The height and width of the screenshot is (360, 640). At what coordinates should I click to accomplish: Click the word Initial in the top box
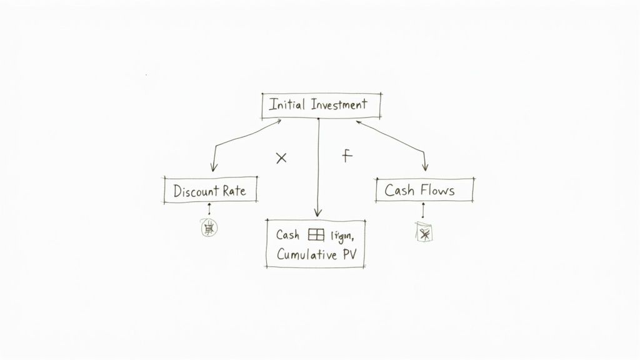[287, 105]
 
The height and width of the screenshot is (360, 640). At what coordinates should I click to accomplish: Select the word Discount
[194, 191]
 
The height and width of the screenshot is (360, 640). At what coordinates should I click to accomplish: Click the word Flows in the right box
[437, 189]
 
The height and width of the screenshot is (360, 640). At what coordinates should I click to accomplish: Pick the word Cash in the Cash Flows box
[399, 189]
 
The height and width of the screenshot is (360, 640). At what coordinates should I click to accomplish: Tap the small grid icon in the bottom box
[316, 235]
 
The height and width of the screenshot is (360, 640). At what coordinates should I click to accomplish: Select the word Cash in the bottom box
[288, 235]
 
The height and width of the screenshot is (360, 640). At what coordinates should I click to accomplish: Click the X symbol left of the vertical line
[281, 158]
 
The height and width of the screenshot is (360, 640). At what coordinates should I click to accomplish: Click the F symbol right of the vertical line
[347, 156]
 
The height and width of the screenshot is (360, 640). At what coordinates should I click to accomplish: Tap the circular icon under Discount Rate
[209, 229]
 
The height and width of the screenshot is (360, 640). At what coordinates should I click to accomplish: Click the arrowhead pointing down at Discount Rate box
[213, 167]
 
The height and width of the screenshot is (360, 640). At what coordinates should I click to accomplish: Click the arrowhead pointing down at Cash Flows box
[426, 167]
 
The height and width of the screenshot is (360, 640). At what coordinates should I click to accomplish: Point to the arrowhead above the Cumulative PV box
[317, 212]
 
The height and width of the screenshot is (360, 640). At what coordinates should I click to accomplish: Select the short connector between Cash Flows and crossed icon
[424, 211]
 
